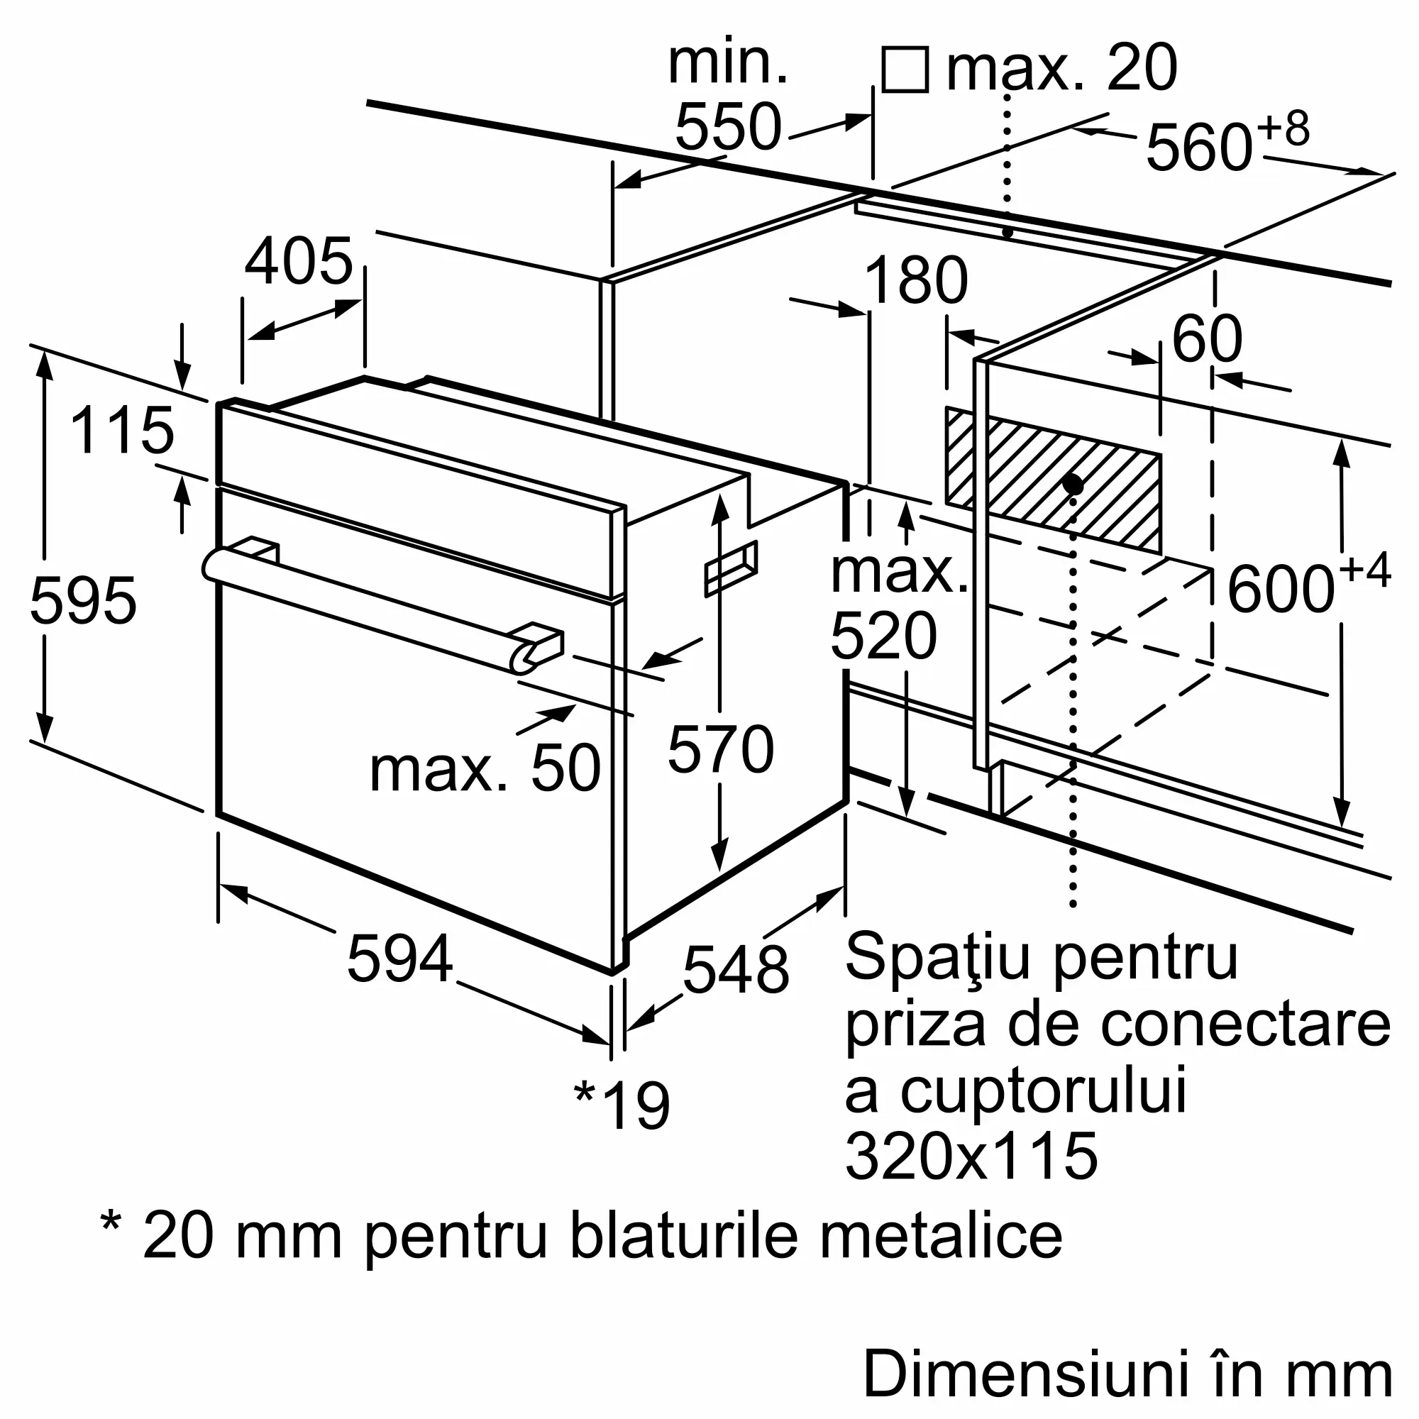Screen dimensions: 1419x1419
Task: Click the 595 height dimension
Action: click(x=83, y=601)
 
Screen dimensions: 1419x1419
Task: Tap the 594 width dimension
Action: click(x=399, y=959)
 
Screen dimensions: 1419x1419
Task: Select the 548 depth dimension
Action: click(x=735, y=969)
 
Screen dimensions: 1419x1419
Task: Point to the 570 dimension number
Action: click(x=721, y=750)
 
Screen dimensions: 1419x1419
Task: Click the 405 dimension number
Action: click(x=299, y=262)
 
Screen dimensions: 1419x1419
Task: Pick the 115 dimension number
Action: click(x=122, y=431)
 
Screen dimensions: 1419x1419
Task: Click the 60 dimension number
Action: click(x=1207, y=338)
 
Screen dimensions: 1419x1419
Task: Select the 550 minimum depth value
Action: click(x=728, y=127)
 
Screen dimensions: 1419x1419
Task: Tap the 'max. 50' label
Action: click(x=485, y=769)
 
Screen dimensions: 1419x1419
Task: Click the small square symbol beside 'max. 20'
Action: click(x=905, y=70)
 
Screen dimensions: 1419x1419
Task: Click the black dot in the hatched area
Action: click(x=1073, y=485)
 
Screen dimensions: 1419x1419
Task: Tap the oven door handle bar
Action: click(x=368, y=609)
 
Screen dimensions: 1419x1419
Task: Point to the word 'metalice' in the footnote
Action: click(x=941, y=1236)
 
